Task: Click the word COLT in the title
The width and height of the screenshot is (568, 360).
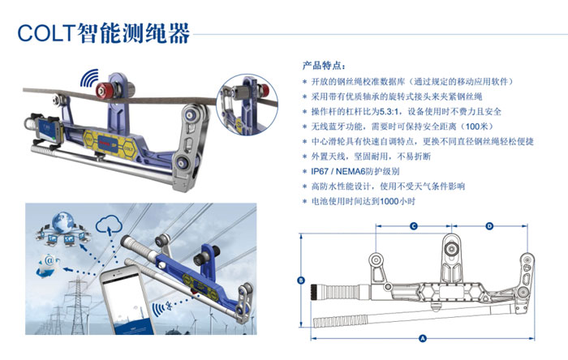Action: (46, 33)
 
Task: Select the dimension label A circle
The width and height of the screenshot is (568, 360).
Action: (423, 339)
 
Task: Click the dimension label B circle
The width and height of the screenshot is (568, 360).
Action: (301, 280)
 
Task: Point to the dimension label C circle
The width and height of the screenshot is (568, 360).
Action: (414, 226)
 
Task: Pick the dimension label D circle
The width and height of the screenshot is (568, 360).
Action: (489, 226)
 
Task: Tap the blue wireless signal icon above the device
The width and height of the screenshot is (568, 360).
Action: (89, 78)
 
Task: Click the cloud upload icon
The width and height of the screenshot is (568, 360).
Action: (109, 225)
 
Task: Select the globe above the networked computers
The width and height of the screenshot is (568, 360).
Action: (63, 222)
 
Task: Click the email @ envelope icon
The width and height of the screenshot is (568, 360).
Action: (48, 265)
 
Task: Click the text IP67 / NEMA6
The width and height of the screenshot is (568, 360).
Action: (355, 172)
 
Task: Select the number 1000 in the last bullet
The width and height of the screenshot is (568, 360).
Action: (389, 202)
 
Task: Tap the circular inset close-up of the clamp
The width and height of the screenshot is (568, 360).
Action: (247, 105)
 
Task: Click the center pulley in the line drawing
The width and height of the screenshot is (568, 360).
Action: (451, 249)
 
